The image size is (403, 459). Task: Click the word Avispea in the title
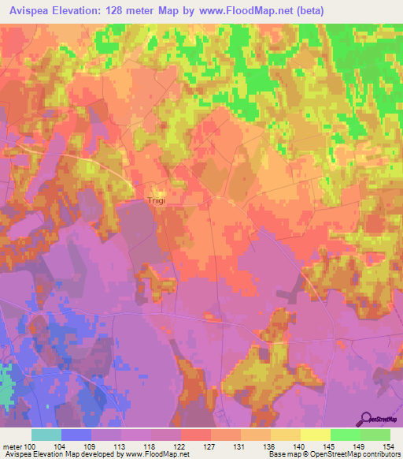coord(32,11)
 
